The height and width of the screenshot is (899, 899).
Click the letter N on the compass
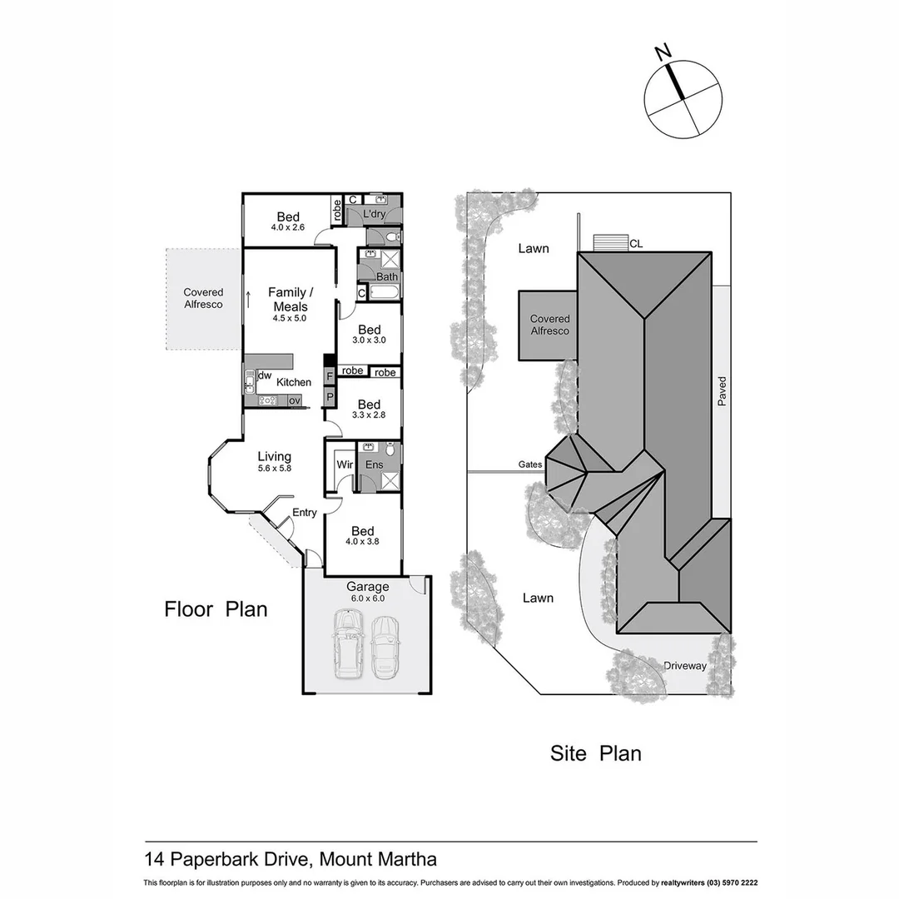coord(663,52)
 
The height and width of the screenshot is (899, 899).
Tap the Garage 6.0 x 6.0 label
coord(367,592)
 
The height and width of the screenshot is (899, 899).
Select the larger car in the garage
coord(348,643)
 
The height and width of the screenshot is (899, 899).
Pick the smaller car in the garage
coord(385,646)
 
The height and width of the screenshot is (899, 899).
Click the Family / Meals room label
coord(291,299)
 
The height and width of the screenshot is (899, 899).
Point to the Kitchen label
coord(294,382)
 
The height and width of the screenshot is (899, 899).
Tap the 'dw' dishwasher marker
coord(265,376)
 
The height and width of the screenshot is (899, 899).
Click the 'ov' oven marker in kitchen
coord(294,400)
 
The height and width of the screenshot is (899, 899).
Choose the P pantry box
coord(330,397)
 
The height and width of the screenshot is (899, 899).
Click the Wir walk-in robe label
coord(344,464)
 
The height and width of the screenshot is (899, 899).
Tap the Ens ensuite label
coord(374,464)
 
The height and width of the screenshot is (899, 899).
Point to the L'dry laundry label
coord(374,214)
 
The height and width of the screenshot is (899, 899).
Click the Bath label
coord(386,277)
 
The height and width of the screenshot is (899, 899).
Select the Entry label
coord(304,513)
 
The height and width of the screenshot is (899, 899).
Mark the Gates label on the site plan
coord(530,464)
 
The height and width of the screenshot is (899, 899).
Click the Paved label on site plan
coord(723,391)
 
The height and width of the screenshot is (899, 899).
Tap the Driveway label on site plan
coord(685,666)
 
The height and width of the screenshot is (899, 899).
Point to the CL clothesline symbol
coord(610,242)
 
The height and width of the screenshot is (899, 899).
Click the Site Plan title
coord(595,753)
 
